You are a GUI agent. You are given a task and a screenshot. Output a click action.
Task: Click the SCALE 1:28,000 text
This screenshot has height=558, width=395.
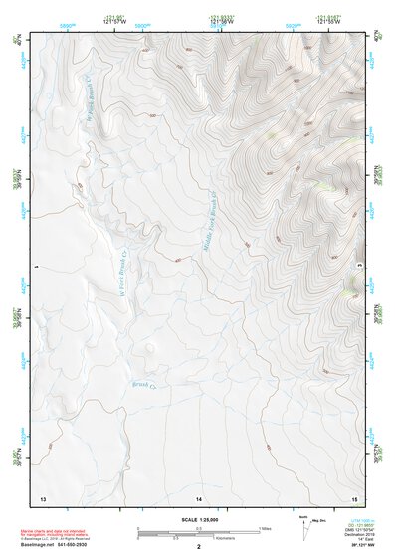tap(197, 519)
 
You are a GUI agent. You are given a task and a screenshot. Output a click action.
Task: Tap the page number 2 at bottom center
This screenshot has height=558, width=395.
tap(198, 546)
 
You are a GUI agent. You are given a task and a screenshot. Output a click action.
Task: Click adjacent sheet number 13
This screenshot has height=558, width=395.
tap(42, 496)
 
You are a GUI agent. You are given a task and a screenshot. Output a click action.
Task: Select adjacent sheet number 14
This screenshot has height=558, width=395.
tap(198, 496)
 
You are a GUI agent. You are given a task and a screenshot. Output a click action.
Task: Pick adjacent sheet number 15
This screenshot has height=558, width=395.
tap(353, 496)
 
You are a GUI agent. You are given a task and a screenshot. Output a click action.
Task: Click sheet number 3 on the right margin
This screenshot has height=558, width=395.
tap(359, 267)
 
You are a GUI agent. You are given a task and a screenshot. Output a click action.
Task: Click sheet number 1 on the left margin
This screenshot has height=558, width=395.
tap(35, 267)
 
